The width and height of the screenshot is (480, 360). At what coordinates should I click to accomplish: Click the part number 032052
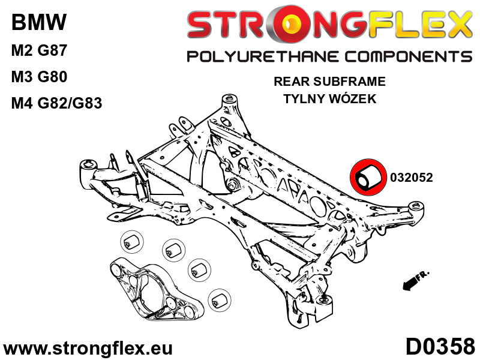[411, 178]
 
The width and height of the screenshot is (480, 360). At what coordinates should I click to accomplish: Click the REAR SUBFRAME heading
[329, 82]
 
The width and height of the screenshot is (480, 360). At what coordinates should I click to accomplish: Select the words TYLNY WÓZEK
[329, 99]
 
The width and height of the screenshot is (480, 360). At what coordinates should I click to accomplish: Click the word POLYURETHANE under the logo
[262, 57]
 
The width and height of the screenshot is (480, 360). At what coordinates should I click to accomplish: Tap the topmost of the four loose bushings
[131, 241]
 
